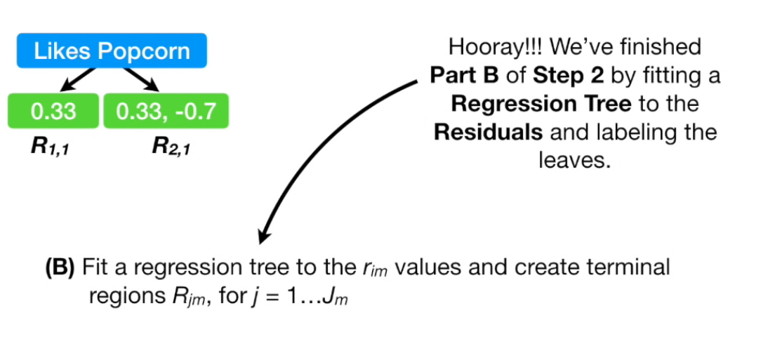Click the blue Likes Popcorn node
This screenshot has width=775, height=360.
(x=112, y=51)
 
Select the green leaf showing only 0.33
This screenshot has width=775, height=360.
(x=53, y=111)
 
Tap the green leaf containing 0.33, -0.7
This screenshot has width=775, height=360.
(x=166, y=111)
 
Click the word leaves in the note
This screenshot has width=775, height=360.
(x=575, y=160)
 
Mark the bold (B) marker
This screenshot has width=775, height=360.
(x=60, y=267)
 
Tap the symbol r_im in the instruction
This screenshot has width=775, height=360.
(x=366, y=268)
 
